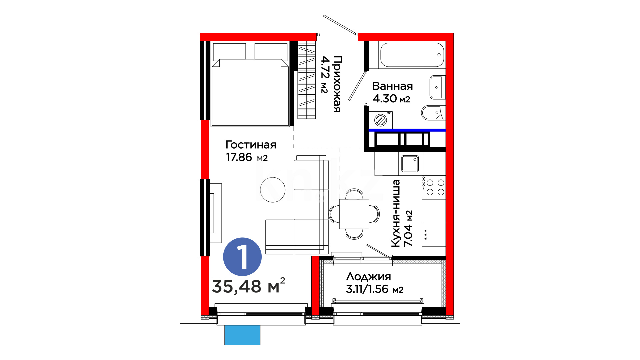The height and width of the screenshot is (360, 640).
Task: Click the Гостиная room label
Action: click(251, 145)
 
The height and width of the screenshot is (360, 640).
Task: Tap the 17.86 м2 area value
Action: click(247, 157)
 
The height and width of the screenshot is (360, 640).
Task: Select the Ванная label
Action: click(392, 86)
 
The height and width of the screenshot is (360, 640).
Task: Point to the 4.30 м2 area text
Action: click(391, 99)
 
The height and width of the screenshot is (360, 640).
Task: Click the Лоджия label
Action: click(368, 277)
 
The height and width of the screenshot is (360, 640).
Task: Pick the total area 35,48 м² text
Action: click(249, 285)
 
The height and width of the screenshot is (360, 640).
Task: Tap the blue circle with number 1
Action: click(242, 257)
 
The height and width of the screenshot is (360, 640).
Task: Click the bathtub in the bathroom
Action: click(412, 55)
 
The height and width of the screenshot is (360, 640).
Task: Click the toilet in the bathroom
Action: click(433, 113)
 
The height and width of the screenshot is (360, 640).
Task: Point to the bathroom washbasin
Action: click(437, 87)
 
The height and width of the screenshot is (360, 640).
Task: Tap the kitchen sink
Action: click(410, 164)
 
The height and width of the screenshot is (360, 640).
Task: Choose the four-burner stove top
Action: click(434, 187)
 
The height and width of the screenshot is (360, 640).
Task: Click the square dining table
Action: click(354, 214)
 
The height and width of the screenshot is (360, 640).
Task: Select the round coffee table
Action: click(273, 189)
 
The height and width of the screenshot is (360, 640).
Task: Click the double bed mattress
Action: click(250, 92)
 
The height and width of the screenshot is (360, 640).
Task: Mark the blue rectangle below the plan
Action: click(242, 335)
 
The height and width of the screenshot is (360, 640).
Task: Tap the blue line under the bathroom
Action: click(407, 130)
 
